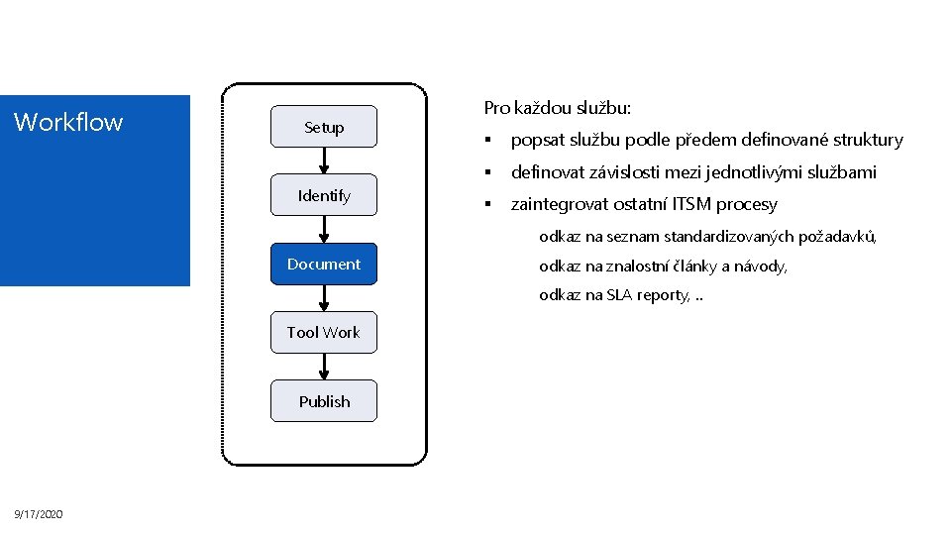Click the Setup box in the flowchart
click(324, 127)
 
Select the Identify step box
click(324, 195)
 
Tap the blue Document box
click(324, 264)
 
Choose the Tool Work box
click(324, 332)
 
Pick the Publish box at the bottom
click(324, 401)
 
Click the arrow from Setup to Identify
click(324, 161)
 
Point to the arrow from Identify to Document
click(324, 229)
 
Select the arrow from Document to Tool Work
click(324, 298)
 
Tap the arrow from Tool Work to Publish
click(324, 367)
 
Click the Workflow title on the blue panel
click(68, 123)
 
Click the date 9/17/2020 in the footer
click(39, 514)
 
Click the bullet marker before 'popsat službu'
click(488, 141)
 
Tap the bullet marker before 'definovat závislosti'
click(488, 172)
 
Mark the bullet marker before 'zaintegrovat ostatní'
click(488, 205)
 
